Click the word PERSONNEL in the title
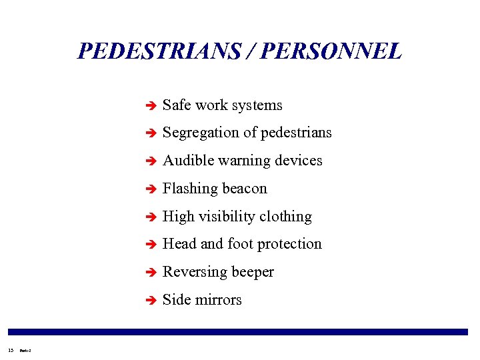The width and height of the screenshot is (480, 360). coord(331,51)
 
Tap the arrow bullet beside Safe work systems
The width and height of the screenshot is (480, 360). coord(151,105)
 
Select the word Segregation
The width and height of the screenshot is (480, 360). coord(201,133)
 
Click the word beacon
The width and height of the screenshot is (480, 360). coord(244,189)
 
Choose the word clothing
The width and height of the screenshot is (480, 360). coord(285,217)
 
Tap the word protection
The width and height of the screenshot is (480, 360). coord(289,244)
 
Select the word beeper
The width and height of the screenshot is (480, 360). coord(253,273)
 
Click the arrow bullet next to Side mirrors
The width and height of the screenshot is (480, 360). coord(151,301)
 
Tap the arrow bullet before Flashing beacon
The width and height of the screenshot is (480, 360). coord(151,189)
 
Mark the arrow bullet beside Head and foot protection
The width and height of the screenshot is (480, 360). coord(151,245)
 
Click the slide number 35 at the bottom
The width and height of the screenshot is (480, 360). coord(10,349)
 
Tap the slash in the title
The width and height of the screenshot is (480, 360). coord(251,51)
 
